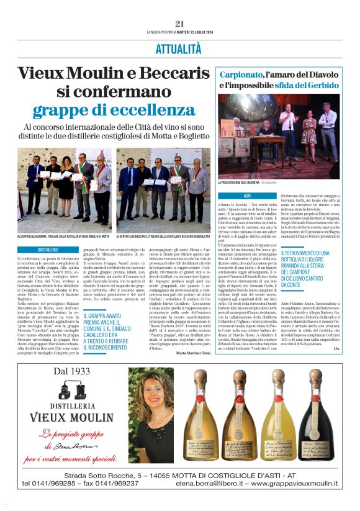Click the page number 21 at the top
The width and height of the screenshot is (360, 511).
click(x=180, y=24)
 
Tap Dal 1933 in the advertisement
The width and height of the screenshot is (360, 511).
click(x=76, y=372)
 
